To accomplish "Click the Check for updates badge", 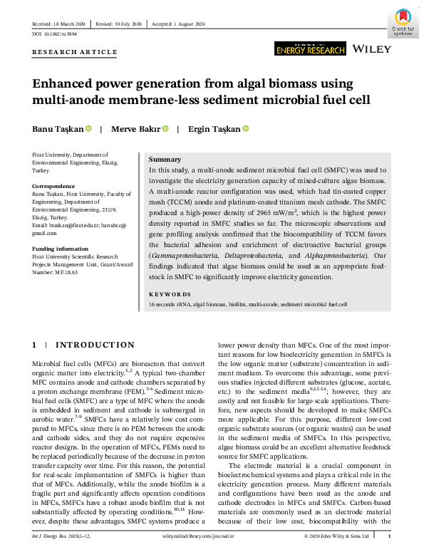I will pos(403,21).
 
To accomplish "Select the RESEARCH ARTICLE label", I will pos(75,52).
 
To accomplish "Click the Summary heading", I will pos(165,160).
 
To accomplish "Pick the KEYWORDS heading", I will pos(169,294).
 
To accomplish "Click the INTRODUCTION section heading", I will pos(95,345).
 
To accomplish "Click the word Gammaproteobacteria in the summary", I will pos(180,254).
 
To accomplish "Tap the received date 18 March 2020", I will pos(76,24).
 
